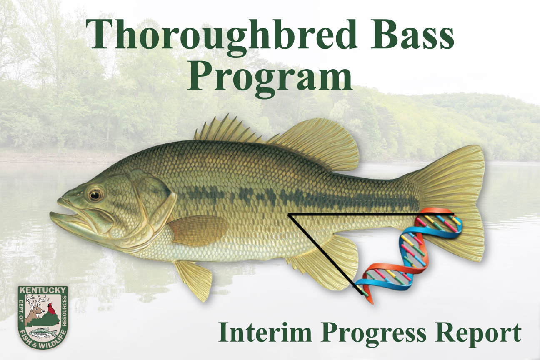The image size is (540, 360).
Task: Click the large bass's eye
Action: click(95, 194)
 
